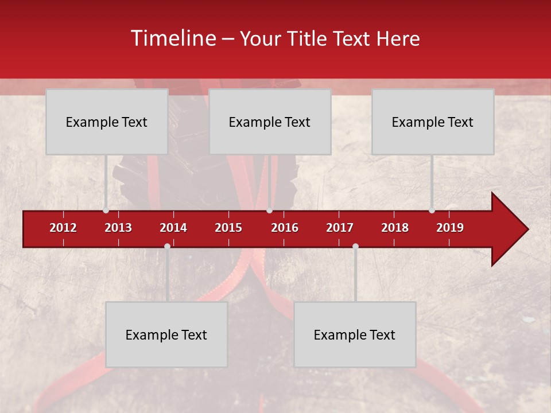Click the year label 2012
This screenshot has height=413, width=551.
[63, 228]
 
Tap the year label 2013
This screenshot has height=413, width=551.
[118, 228]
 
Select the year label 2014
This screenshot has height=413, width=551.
[173, 228]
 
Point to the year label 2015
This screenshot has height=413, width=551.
[228, 228]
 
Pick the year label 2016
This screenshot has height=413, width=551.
[285, 228]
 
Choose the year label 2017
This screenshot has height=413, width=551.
[340, 228]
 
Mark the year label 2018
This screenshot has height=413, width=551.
[395, 228]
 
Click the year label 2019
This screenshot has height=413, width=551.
[450, 228]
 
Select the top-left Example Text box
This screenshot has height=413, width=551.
[107, 122]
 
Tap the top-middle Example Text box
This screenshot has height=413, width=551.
[270, 122]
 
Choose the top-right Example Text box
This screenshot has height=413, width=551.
[433, 122]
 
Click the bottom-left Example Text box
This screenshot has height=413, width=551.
[166, 334]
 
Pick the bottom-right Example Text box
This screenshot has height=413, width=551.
[355, 334]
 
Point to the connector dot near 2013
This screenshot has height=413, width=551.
[106, 211]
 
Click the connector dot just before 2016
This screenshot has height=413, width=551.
[270, 211]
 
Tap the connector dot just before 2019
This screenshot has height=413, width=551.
[432, 211]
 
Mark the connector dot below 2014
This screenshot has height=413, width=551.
[167, 246]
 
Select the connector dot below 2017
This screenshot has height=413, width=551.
[355, 246]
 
